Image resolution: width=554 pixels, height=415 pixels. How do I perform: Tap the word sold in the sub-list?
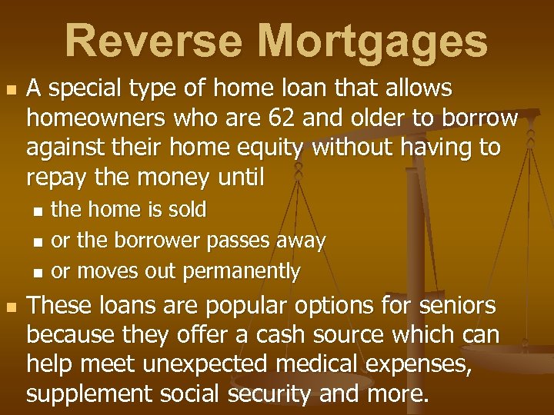(x=187, y=209)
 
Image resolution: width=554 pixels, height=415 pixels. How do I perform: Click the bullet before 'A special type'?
(x=10, y=91)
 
